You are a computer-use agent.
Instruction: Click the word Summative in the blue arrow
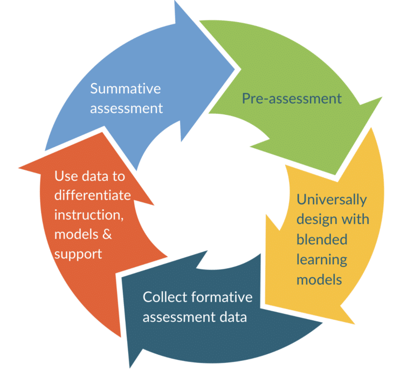click(x=125, y=88)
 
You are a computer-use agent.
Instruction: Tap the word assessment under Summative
click(x=126, y=108)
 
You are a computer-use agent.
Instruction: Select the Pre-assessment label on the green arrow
click(x=291, y=98)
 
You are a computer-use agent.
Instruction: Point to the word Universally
click(x=332, y=200)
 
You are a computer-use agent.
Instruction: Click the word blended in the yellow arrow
click(x=322, y=239)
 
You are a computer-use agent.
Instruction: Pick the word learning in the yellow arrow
click(x=322, y=259)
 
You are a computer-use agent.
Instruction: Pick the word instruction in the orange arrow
click(x=86, y=215)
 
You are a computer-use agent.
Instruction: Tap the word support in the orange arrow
click(x=78, y=254)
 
